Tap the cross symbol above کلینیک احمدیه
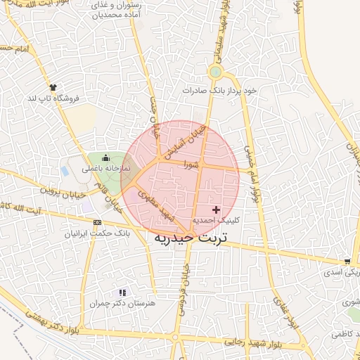point(216,210)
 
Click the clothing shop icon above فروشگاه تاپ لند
point(52,87)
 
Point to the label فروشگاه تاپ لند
point(51,98)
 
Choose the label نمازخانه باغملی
point(103,169)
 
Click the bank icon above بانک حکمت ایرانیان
point(96,222)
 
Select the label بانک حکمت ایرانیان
point(95,233)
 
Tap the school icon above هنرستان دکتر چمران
point(123,292)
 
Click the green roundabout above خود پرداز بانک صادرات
point(215,72)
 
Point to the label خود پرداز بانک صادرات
point(220,90)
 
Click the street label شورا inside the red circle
point(191,164)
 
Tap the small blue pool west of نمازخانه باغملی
point(65,170)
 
